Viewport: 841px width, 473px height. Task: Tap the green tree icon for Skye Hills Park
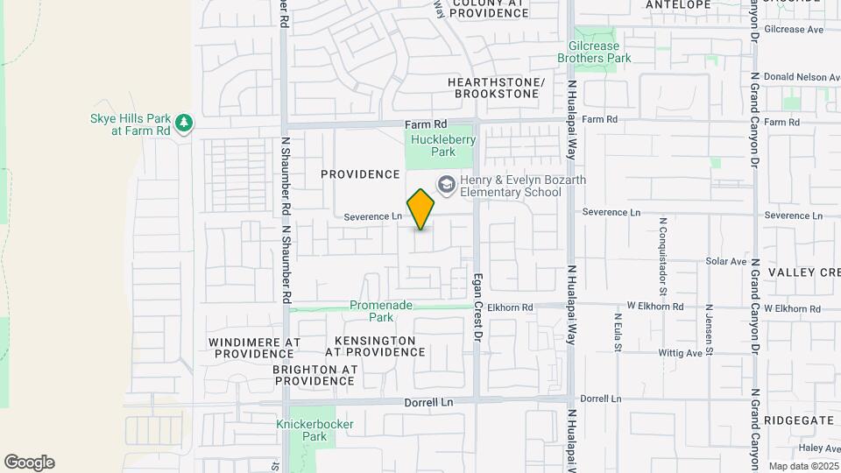tap(183, 123)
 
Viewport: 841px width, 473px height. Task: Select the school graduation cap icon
tap(446, 183)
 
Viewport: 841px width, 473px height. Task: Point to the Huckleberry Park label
tap(431, 145)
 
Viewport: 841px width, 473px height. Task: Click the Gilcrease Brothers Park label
tap(594, 52)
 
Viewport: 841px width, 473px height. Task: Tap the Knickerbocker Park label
tap(314, 429)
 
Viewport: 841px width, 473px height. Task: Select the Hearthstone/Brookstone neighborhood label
tap(496, 88)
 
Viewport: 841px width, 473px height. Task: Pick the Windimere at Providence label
tap(254, 347)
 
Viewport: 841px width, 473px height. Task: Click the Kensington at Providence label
tap(375, 345)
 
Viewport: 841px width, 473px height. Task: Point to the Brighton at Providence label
tap(314, 375)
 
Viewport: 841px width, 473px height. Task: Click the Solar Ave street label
tap(725, 261)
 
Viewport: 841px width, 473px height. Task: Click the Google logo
tap(29, 462)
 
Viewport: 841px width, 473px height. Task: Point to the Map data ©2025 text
tap(802, 466)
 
